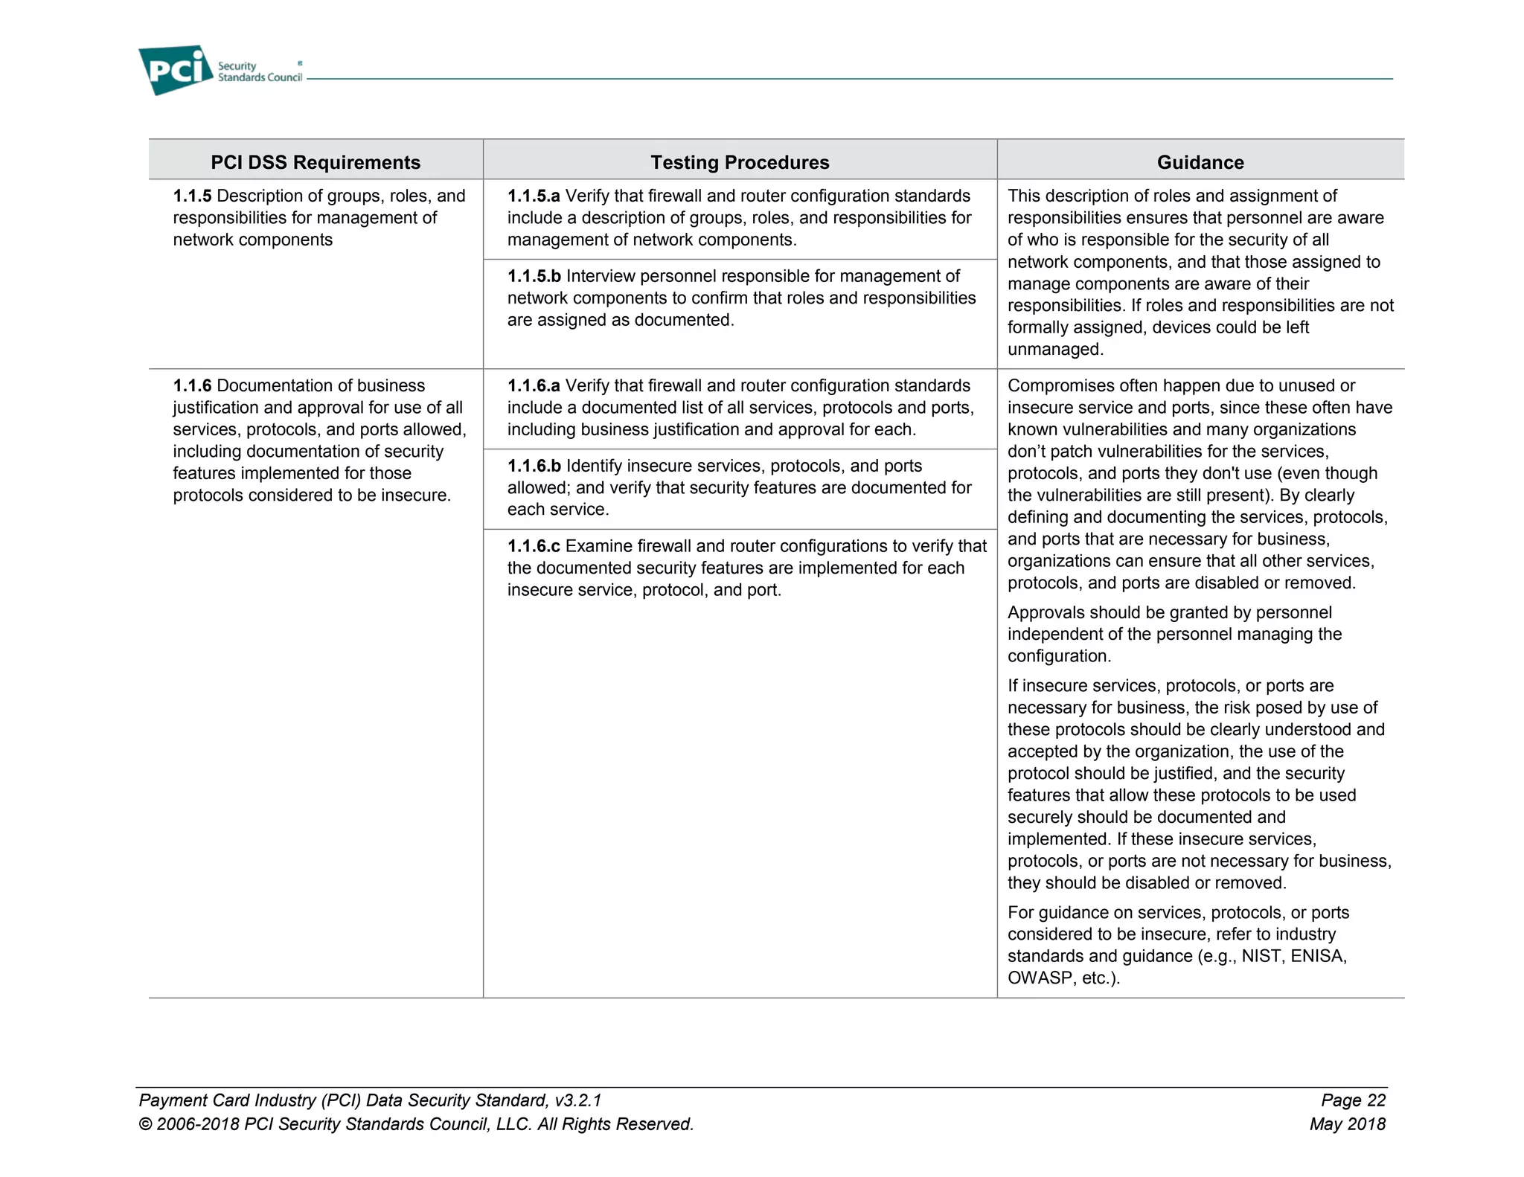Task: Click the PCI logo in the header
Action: (x=176, y=70)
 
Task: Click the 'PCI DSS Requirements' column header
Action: (x=316, y=162)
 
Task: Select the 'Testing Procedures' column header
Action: (x=740, y=162)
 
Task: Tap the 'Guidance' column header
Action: (x=1200, y=162)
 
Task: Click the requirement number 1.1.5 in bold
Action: (x=192, y=196)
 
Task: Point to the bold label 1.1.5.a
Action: (x=533, y=196)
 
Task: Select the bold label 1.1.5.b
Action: (x=534, y=276)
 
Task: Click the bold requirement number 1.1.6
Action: (x=192, y=385)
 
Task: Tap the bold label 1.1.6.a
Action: (x=533, y=385)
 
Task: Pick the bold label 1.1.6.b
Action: (x=534, y=466)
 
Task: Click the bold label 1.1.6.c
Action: (x=533, y=546)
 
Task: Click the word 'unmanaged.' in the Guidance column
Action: (x=1055, y=350)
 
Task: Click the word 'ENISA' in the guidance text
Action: (x=1318, y=956)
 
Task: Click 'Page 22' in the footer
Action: (x=1353, y=1100)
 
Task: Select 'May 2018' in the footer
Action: (x=1348, y=1124)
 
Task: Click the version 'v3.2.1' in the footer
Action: (x=578, y=1100)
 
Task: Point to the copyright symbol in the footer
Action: (x=146, y=1124)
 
